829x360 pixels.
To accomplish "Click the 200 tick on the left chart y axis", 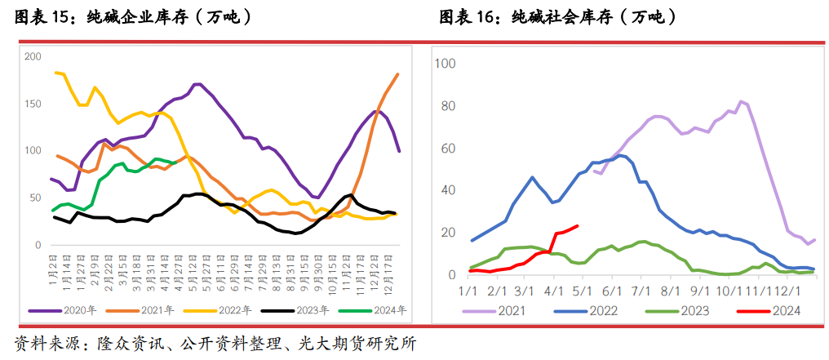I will point(32,56).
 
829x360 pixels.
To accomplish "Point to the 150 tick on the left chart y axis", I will point(32,104).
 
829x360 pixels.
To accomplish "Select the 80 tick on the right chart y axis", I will point(449,105).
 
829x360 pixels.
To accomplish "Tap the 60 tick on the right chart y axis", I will point(449,148).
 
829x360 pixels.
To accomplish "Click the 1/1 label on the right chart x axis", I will point(468,291).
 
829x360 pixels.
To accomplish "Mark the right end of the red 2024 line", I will point(578,226).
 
